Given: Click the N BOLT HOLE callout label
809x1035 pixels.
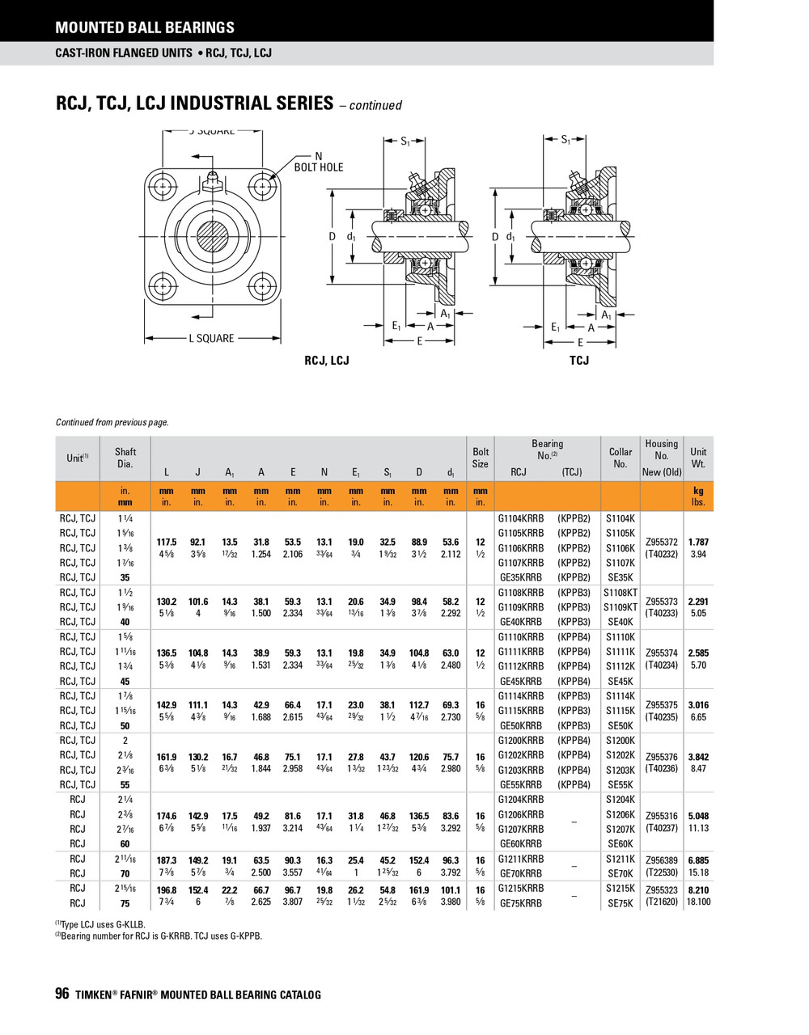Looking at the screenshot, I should point(318,162).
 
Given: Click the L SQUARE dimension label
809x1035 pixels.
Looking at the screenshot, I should point(211,338).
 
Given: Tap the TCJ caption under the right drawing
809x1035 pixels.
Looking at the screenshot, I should point(579,360).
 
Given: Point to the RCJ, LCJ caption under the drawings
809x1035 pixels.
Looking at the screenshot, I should point(327,360).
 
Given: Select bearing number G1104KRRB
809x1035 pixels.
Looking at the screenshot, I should point(521,518).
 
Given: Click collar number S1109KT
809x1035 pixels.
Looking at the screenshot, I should point(620,607).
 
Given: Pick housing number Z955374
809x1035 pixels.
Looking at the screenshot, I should point(662,653).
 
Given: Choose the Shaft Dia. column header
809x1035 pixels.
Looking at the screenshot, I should point(125,458).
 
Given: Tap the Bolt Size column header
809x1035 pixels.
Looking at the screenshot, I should point(481,458).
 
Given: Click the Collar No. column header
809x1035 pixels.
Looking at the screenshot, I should point(620,458).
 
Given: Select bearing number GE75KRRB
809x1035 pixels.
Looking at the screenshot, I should point(521,903).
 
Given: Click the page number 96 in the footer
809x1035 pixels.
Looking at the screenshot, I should point(62,995).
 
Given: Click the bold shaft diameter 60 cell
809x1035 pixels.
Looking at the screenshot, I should point(125,844).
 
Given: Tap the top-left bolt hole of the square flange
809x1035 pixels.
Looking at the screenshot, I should point(164,188).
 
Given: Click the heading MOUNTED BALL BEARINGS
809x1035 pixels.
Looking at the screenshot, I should point(145,27).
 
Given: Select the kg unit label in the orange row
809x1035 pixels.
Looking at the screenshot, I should point(698,491).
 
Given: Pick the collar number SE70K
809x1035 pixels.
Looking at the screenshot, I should point(620,873).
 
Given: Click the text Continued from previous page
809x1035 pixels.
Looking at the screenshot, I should point(112,422).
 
